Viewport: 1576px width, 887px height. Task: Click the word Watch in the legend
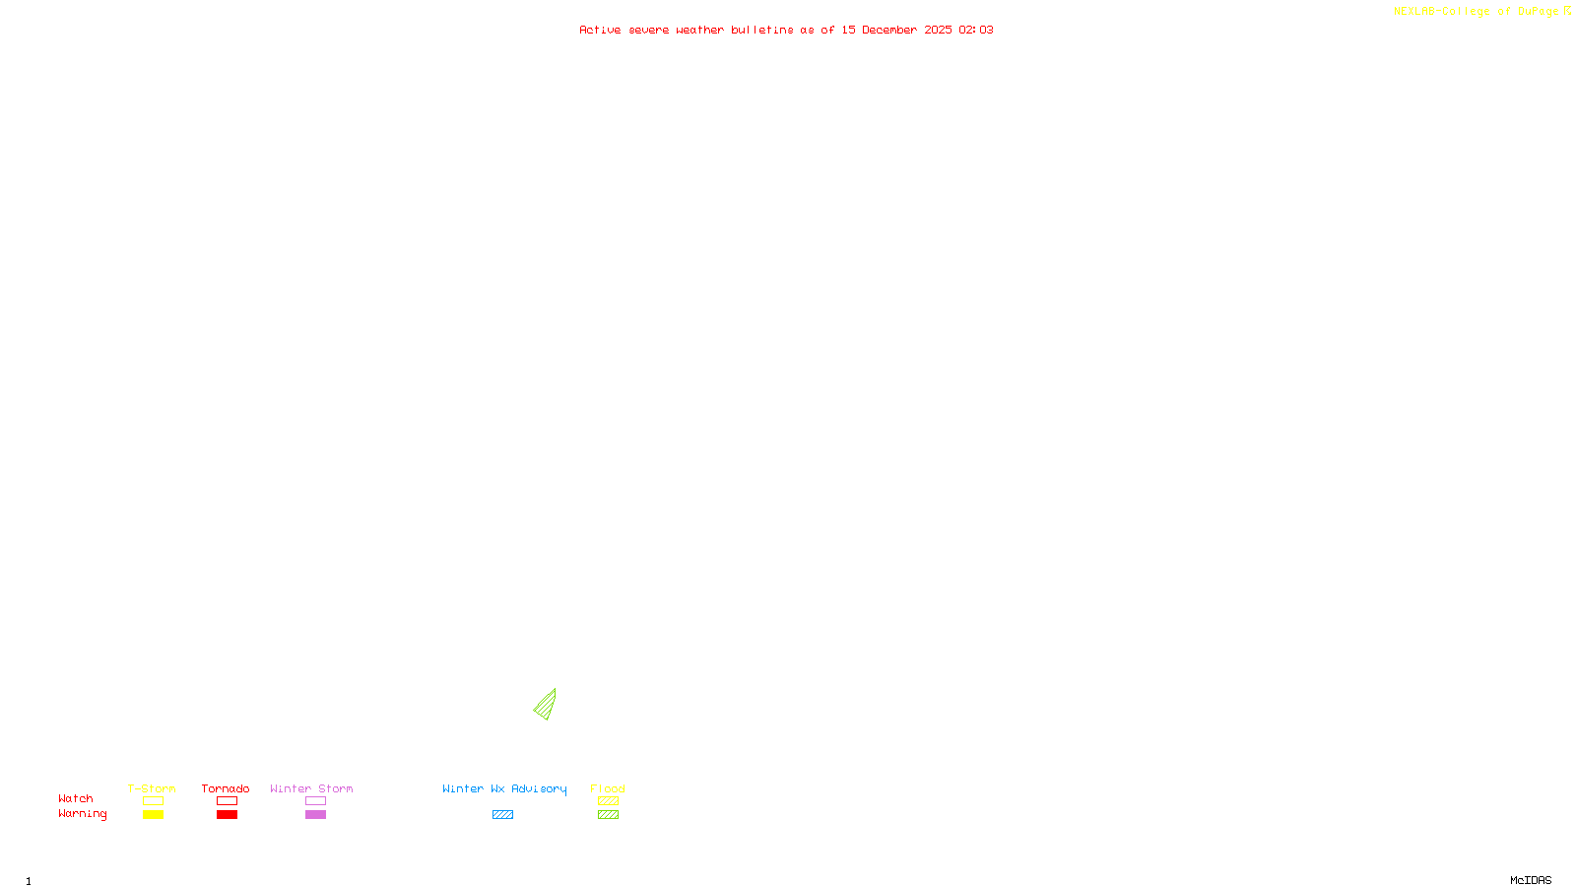click(76, 799)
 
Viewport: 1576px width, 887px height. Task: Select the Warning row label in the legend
click(83, 814)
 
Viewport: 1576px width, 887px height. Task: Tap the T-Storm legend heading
click(152, 788)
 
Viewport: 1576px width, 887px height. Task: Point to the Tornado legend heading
click(226, 788)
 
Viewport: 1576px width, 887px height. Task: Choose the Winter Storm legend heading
click(311, 788)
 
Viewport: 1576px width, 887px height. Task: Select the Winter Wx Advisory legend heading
click(504, 788)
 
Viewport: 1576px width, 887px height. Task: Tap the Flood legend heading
click(608, 788)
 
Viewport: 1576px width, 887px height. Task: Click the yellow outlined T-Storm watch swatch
click(153, 801)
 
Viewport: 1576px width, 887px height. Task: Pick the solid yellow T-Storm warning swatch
click(153, 815)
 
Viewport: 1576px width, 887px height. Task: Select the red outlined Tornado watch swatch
click(227, 801)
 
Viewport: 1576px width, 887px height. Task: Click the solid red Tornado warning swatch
click(227, 815)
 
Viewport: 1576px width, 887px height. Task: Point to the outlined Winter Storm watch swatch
click(315, 801)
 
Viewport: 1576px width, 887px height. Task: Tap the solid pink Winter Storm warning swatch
click(315, 815)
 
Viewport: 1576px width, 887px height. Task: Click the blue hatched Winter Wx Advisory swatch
click(502, 815)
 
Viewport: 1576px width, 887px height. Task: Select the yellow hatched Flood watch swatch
click(608, 801)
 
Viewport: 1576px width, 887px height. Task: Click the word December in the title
click(889, 31)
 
